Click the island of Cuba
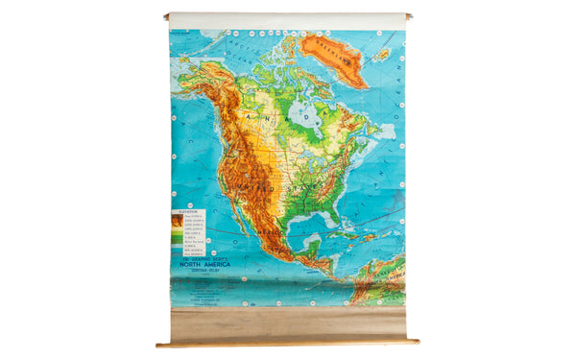click(348, 235)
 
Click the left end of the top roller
click(168, 16)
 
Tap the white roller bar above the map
click(287, 20)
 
